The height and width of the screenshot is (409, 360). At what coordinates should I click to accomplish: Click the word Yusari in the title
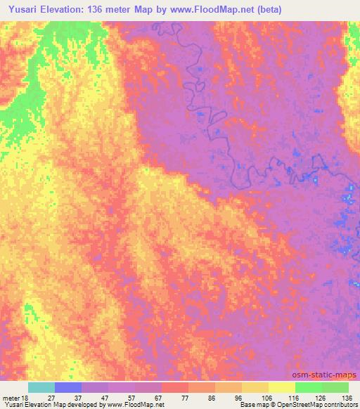[22, 9]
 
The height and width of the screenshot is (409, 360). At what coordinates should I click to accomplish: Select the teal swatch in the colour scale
[41, 388]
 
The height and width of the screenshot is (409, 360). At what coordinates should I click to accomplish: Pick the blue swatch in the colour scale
[68, 388]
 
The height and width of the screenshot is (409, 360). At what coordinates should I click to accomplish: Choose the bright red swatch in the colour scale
[175, 388]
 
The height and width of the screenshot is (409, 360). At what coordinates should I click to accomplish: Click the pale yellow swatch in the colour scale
[282, 388]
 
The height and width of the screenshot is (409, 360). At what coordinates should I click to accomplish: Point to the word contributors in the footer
[340, 405]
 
